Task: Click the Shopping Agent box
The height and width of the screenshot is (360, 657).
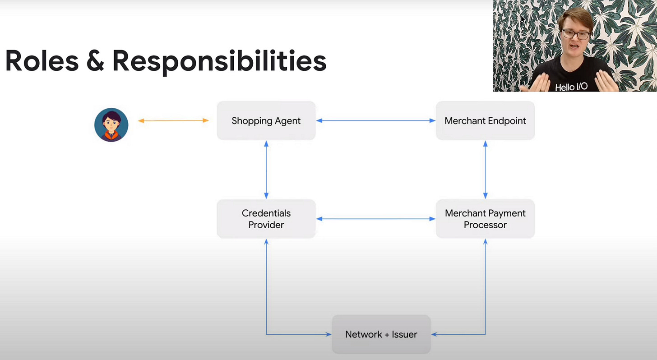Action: click(x=266, y=120)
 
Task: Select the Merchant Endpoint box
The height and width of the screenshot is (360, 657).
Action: click(x=485, y=120)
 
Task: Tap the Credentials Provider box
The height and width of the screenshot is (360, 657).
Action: click(x=266, y=219)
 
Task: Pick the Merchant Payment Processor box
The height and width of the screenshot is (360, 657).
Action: click(x=485, y=219)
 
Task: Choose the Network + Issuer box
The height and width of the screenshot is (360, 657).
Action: click(x=381, y=334)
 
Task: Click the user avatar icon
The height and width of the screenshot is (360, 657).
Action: click(x=111, y=125)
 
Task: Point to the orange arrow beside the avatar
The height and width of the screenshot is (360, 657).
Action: click(x=173, y=120)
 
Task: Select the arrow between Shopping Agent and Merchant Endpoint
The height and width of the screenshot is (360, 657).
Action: click(x=375, y=120)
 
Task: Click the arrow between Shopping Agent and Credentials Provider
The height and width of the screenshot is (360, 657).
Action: click(x=266, y=170)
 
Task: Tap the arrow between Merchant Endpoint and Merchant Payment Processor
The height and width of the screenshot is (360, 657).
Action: click(x=486, y=170)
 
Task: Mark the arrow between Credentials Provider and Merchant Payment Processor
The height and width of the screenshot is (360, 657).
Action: click(x=375, y=219)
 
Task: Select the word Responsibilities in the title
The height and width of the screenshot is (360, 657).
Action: click(x=219, y=62)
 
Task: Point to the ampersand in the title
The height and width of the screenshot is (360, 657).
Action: click(x=95, y=61)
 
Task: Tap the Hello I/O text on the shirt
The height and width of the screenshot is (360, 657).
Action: click(x=571, y=87)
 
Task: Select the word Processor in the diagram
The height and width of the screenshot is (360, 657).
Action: click(x=485, y=225)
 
